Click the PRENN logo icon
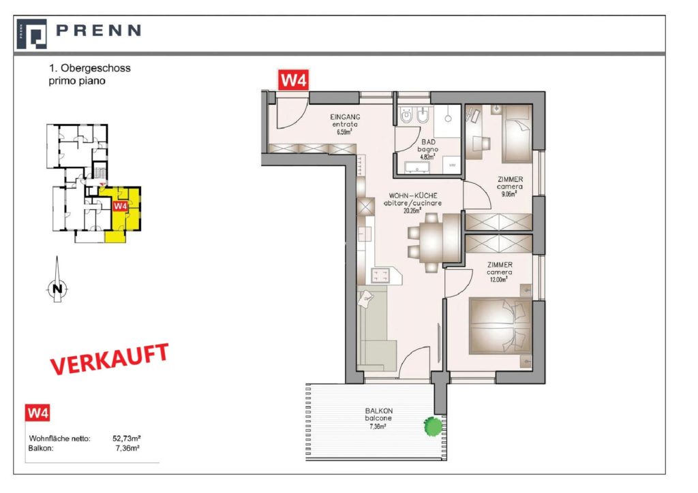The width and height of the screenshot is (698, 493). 31,34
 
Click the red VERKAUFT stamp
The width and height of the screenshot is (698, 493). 110,358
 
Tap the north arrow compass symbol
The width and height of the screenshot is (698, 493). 57,280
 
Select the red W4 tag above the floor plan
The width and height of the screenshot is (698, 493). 294,80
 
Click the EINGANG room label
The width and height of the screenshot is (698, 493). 345,117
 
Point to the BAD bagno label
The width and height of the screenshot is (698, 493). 428,146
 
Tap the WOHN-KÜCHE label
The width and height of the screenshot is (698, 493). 413,195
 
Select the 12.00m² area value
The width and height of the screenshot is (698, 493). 499,280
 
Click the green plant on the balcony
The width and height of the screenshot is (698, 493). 433,426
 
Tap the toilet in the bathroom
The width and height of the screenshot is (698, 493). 406,116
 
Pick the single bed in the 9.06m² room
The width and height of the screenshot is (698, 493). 517,133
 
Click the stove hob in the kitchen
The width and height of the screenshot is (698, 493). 380,276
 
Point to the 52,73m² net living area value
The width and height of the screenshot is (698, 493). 127,439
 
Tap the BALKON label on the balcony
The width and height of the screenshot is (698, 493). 379,411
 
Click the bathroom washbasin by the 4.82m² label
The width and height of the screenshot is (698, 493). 416,167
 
